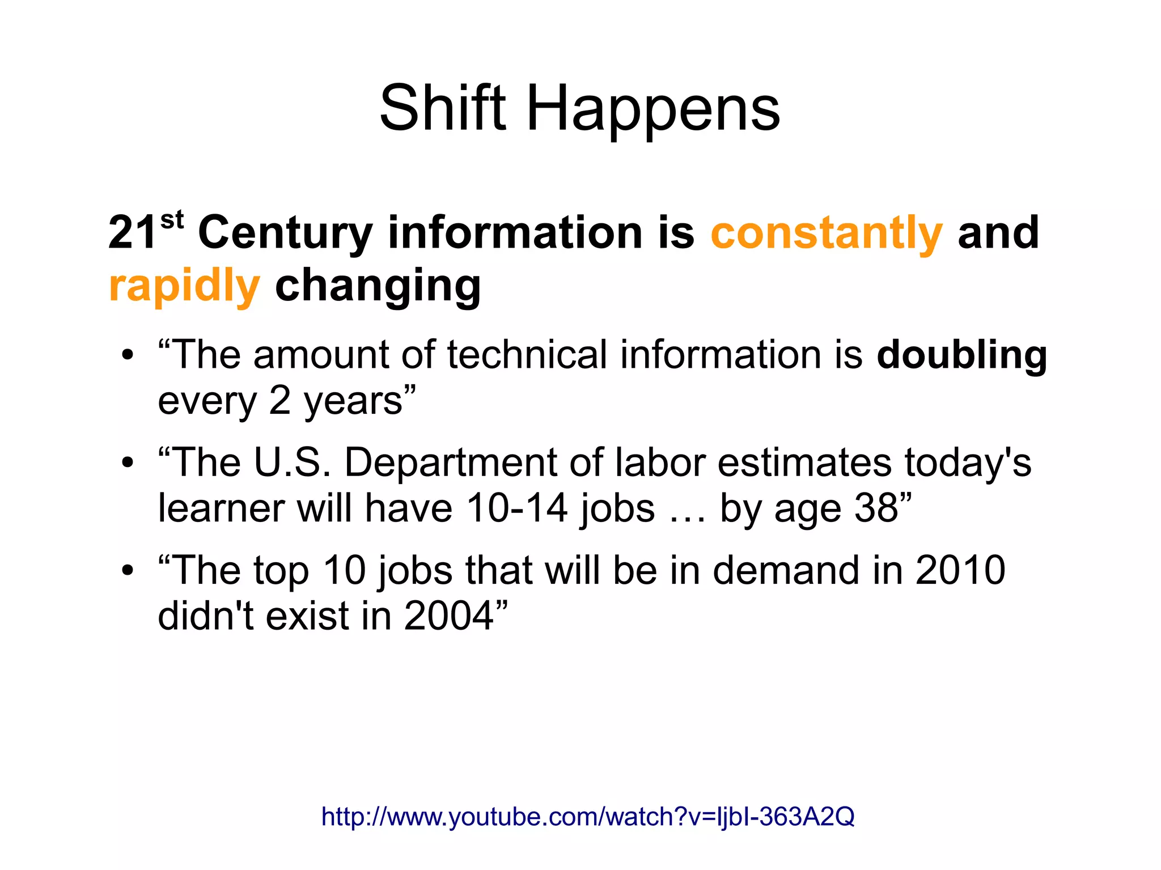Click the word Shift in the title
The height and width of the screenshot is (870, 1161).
click(442, 108)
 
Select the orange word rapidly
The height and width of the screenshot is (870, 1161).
click(184, 287)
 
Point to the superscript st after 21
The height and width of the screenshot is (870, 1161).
click(172, 220)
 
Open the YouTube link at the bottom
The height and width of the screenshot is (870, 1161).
click(587, 817)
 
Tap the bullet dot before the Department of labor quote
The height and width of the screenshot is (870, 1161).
click(128, 463)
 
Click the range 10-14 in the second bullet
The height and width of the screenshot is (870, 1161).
click(516, 508)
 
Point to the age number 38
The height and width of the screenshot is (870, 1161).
click(876, 508)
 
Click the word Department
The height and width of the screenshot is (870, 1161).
click(451, 463)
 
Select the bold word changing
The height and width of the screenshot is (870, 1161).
click(378, 287)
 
